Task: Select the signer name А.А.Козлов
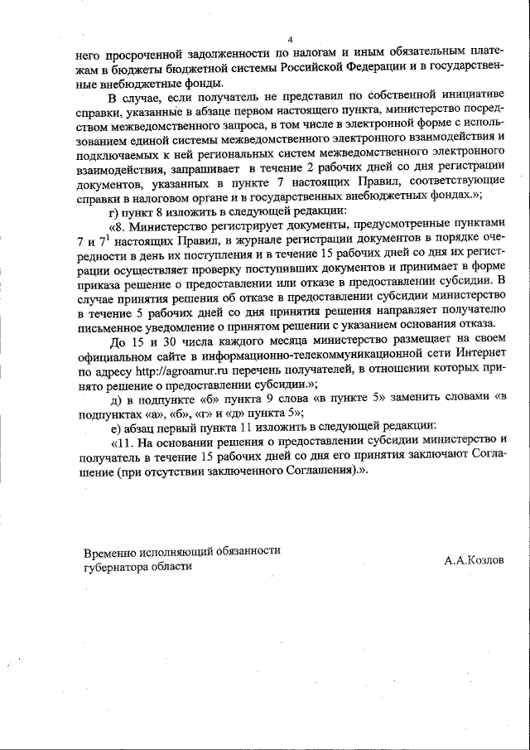coord(473,561)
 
